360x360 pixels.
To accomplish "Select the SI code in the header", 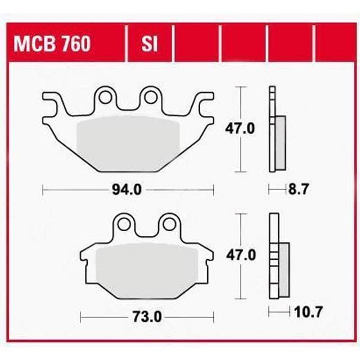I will pyautogui.click(x=150, y=43).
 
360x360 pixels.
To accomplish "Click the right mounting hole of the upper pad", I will pyautogui.click(x=150, y=97).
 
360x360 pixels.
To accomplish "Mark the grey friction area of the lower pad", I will pyautogui.click(x=147, y=270).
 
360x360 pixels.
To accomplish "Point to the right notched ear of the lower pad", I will pyautogui.click(x=208, y=257).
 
